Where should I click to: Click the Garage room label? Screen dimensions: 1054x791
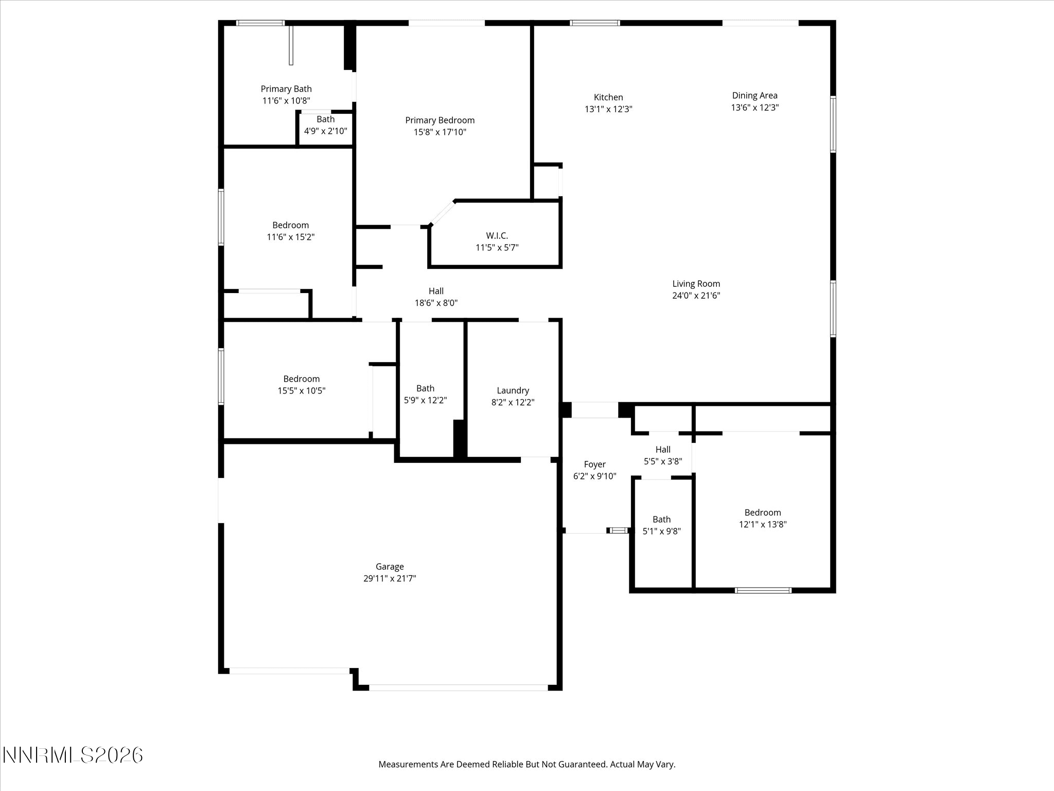coord(390,567)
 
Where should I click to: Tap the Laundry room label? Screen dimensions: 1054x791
coord(513,391)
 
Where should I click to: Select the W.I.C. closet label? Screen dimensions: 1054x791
coord(497,236)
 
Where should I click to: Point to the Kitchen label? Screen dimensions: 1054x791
coord(608,97)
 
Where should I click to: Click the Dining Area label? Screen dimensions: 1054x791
coord(754,96)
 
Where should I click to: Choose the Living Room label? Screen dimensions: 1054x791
coord(696,284)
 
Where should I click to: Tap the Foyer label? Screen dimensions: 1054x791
coord(594,465)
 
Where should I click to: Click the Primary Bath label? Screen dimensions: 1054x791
coord(286,89)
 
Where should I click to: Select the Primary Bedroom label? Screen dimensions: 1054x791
coord(440,121)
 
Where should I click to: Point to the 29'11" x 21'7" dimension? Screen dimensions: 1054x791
coord(390,578)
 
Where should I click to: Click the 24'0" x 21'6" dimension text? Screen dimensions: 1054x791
coord(696,296)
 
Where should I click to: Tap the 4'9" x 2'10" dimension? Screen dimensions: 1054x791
coord(325,131)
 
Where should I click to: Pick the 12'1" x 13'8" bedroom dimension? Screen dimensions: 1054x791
coord(763,524)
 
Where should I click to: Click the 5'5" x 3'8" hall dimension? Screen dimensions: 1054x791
coord(663,461)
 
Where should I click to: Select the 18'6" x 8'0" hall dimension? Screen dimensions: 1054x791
coord(436,303)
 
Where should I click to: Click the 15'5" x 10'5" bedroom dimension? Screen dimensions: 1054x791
coord(302,391)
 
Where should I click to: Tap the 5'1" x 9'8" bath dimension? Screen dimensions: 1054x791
coord(662,531)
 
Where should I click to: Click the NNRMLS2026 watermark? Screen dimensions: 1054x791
coord(73,755)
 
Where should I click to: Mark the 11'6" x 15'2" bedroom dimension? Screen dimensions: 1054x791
coord(290,237)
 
